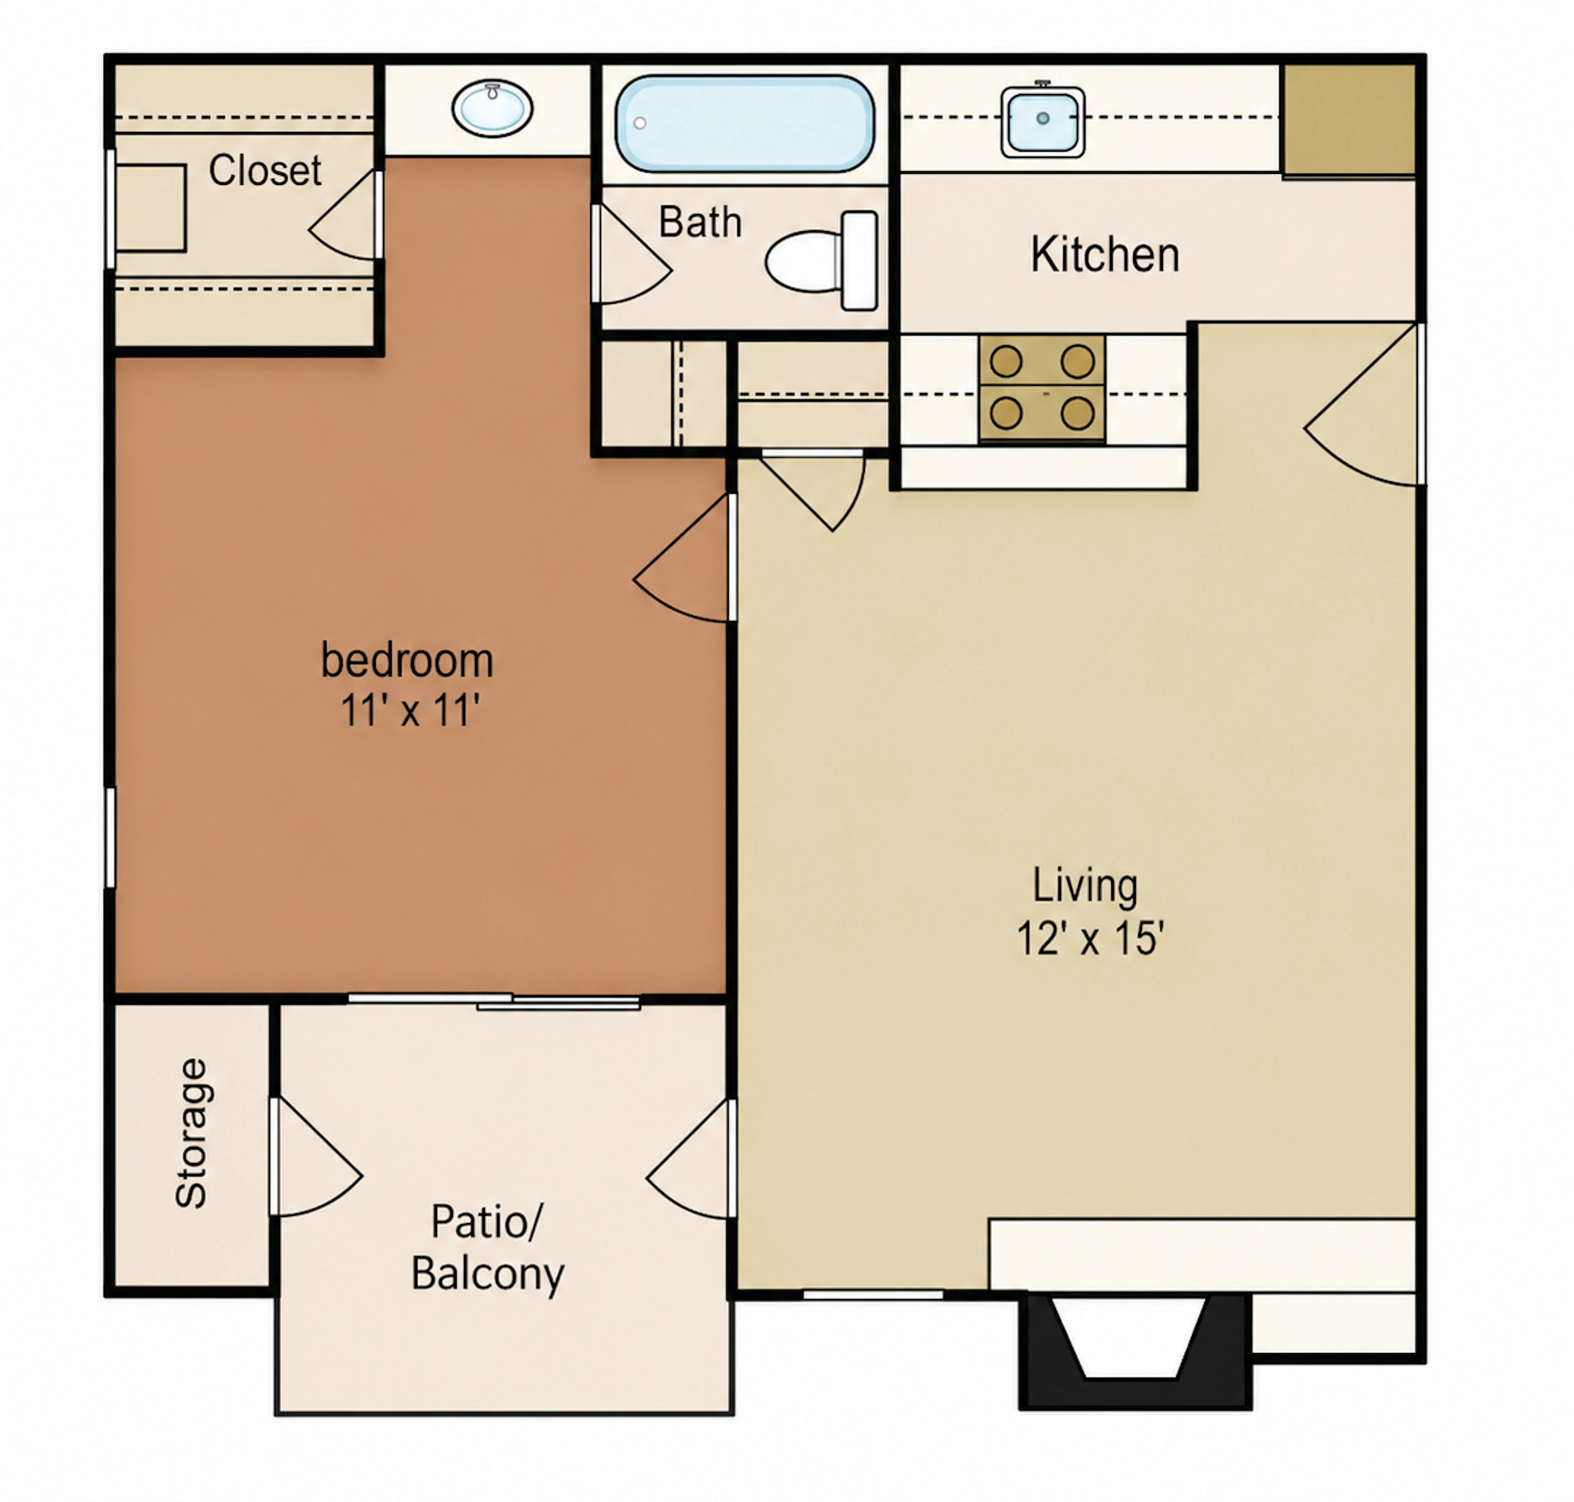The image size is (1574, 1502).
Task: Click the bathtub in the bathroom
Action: (x=744, y=124)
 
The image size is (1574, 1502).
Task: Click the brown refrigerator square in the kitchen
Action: (x=1350, y=120)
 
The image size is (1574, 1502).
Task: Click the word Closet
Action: (x=265, y=171)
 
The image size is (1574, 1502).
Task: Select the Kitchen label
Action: (x=1105, y=255)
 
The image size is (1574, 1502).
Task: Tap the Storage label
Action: (x=191, y=1133)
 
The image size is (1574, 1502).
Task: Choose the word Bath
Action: (x=700, y=223)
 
